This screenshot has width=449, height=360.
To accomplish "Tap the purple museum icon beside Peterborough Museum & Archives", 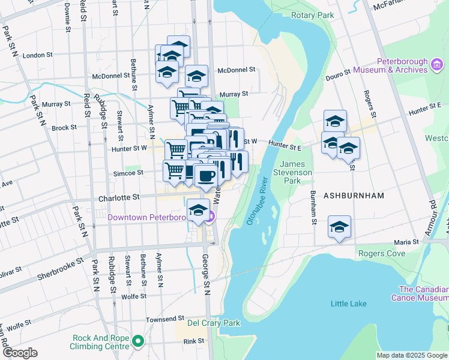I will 438,65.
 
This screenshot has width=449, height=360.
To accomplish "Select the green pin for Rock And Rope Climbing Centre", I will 139,342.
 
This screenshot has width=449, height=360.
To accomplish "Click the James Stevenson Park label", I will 297,172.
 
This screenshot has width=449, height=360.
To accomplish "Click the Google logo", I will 20,353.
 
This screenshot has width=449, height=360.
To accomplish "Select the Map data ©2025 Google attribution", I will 411,355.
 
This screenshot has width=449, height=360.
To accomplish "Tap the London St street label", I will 37,55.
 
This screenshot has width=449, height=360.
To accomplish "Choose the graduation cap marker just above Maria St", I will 339,227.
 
